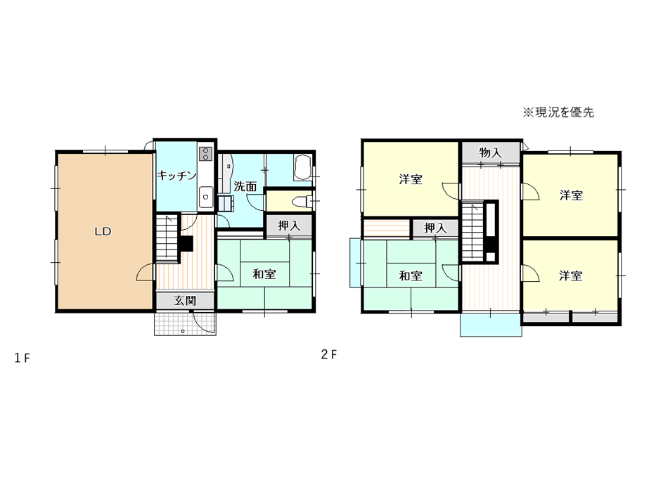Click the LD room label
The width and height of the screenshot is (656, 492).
103,231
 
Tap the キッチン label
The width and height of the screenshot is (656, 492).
176,175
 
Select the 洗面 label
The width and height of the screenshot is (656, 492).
245,186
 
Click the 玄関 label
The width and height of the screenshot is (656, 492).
185,300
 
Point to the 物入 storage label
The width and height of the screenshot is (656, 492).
490,153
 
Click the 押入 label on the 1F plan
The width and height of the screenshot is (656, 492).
289,226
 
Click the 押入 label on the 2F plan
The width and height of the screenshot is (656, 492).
435,228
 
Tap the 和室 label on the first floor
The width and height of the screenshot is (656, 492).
264,274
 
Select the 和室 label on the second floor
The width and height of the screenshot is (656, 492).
411,276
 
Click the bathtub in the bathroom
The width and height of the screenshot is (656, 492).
303,168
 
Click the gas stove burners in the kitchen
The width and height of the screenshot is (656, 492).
205,153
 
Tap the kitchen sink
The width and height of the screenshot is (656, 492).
205,197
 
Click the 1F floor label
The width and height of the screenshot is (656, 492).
22,358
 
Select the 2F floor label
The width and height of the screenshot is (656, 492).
329,355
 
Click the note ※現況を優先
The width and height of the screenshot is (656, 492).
558,112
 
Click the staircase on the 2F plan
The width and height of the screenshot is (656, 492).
472,231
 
